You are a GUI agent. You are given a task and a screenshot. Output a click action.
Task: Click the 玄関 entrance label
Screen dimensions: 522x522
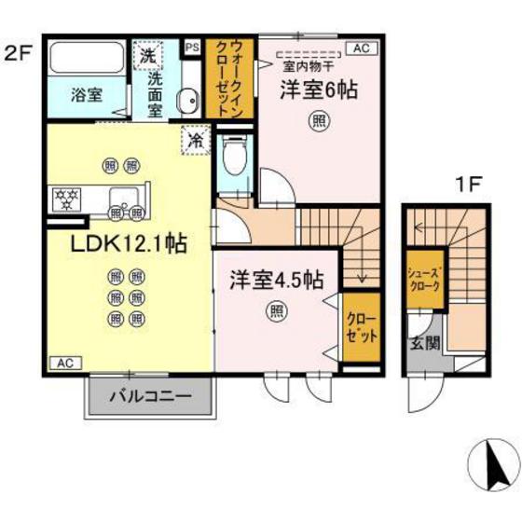coord(425,343)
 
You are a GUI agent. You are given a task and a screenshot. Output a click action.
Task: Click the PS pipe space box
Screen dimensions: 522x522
coord(192,46)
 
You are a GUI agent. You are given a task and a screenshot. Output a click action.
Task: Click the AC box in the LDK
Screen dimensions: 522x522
coord(63,363)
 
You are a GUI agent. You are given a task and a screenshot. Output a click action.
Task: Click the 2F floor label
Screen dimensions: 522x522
coord(18,51)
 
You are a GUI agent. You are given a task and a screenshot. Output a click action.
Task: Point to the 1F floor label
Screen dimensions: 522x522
coord(467,184)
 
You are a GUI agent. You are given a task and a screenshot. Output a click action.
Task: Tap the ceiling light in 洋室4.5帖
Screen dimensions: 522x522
coord(277,310)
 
